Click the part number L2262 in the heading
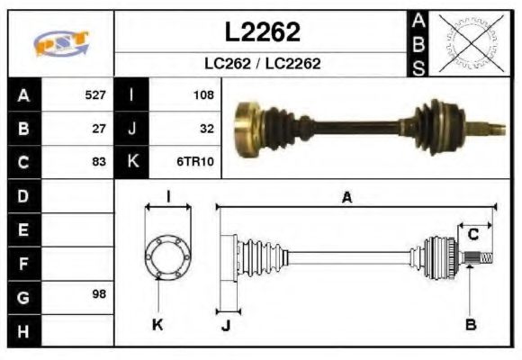[262, 31]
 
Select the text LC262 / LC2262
[262, 64]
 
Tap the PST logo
[60, 42]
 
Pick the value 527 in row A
[94, 94]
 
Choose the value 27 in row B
[99, 129]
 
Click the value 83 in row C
[99, 163]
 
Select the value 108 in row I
[202, 94]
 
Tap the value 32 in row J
[206, 129]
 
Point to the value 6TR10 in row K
[196, 163]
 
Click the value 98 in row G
[99, 295]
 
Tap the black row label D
[23, 195]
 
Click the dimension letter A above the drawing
[346, 197]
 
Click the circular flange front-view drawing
[167, 257]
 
